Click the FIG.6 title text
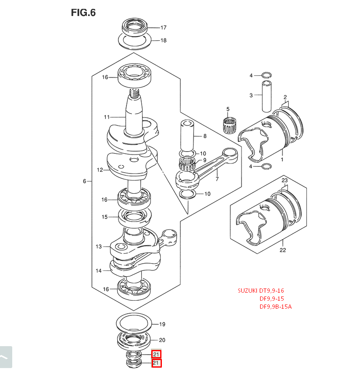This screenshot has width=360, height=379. [83, 13]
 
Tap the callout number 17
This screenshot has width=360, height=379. [163, 28]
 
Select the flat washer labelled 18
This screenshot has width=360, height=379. [134, 41]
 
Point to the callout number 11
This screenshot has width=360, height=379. [107, 117]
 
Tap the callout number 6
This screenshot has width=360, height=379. [84, 181]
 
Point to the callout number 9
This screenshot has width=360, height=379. [204, 160]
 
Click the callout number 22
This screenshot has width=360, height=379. [282, 250]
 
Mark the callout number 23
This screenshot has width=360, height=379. [285, 181]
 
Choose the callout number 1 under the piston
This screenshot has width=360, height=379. [282, 160]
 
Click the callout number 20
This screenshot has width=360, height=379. [162, 340]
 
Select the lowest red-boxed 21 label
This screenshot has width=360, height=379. [156, 363]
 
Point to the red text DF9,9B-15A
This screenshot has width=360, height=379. [275, 307]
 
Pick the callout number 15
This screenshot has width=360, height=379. [104, 217]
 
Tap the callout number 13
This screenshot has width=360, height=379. [99, 246]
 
